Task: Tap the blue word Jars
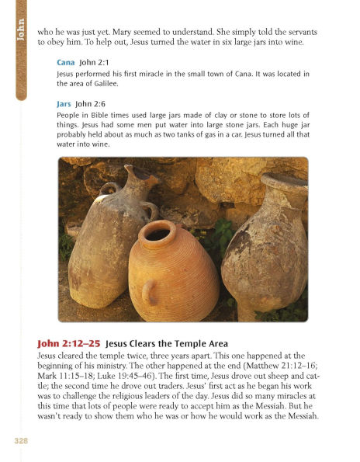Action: point(66,103)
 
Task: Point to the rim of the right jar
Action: point(284,183)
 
